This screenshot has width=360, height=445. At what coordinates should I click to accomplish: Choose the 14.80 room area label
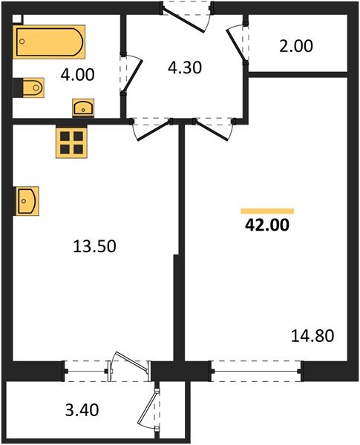tap(313, 336)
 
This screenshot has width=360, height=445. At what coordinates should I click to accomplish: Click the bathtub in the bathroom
tap(49, 42)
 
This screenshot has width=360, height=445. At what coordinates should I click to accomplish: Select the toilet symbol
tap(29, 88)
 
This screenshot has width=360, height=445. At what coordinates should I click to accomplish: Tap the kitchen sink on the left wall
tap(27, 200)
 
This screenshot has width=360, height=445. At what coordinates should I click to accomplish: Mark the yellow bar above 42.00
tap(267, 211)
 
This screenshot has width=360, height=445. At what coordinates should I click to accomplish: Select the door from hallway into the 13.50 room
tap(151, 129)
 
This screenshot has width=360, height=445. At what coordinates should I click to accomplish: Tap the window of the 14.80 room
tap(257, 367)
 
